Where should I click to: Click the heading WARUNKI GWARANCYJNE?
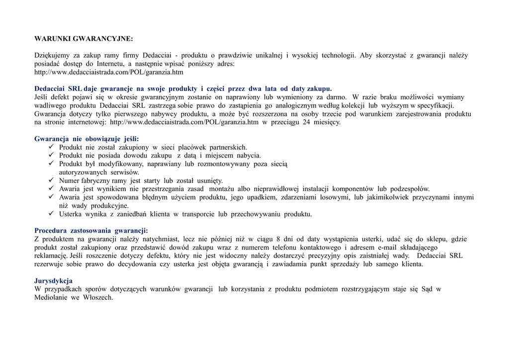tap(84, 38)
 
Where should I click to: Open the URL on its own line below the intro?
tap(109, 72)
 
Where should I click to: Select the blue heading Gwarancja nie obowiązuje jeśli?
tap(86, 139)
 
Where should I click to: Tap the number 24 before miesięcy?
tap(306, 122)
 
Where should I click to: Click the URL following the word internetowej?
tap(184, 122)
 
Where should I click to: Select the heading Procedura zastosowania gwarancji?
tap(91, 230)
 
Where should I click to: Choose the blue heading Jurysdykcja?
tap(53, 280)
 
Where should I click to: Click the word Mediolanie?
tap(51, 297)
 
